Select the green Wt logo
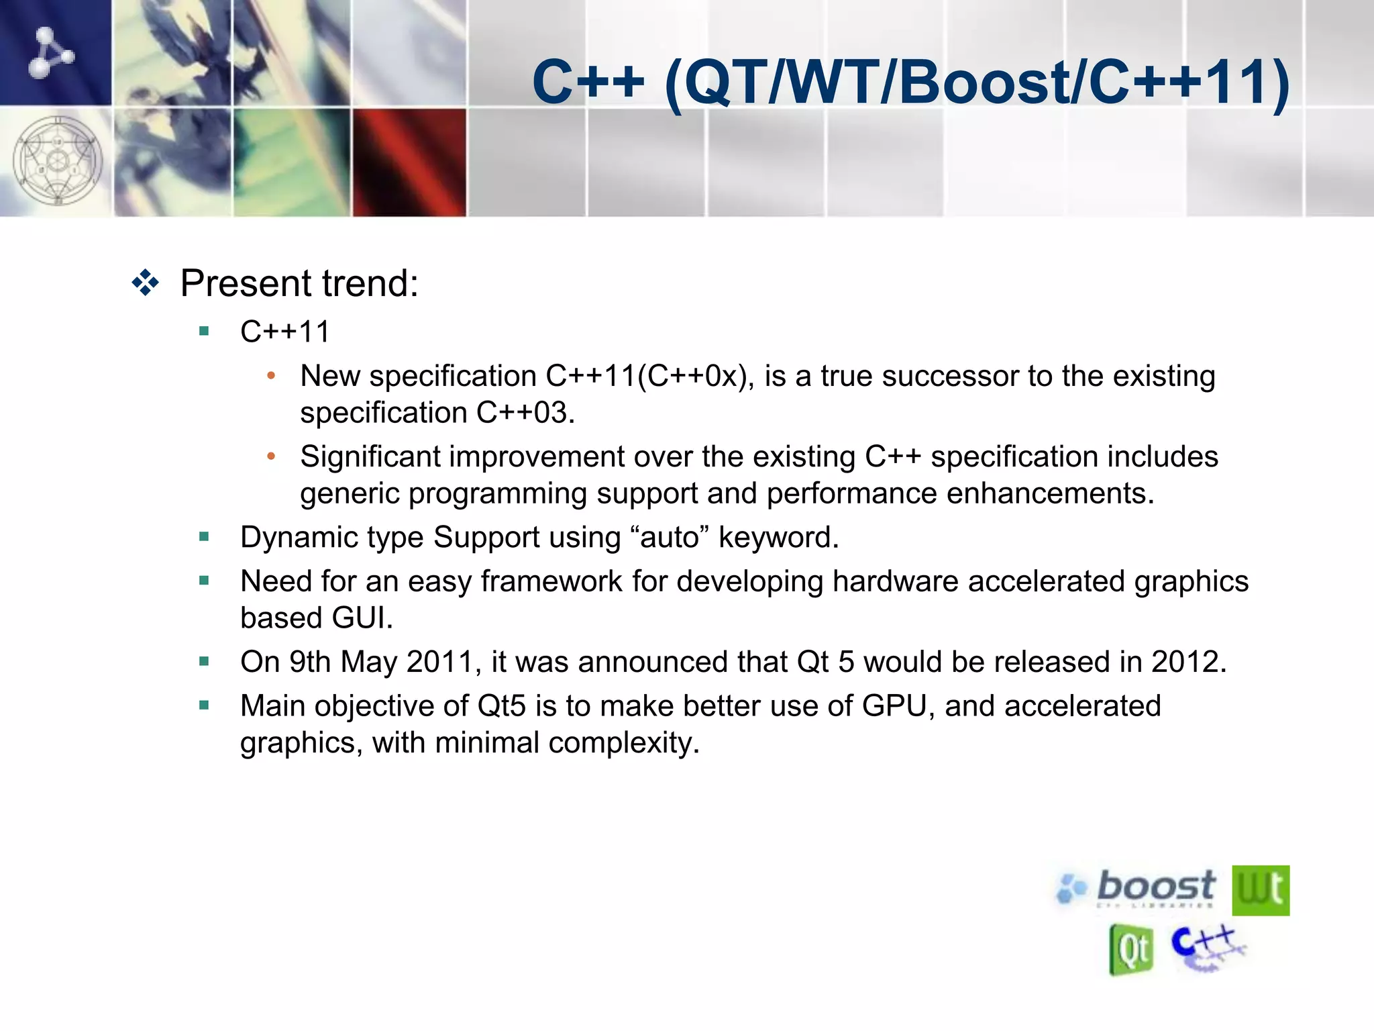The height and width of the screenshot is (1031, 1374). [1260, 890]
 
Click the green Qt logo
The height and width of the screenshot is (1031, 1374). [1131, 949]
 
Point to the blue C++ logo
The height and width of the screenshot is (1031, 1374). [1206, 946]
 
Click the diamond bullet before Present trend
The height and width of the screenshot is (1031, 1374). [145, 283]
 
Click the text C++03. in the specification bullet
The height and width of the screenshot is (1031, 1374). [525, 413]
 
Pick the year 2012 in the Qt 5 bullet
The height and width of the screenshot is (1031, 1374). [1188, 662]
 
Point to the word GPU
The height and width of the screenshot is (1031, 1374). [894, 706]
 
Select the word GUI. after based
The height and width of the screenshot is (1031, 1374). [362, 618]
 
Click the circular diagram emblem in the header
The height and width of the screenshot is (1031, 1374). [58, 161]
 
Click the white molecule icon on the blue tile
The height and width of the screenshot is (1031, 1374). [50, 52]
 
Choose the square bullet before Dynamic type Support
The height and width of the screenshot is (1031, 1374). [204, 536]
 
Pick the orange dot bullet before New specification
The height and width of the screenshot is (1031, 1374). [271, 376]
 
